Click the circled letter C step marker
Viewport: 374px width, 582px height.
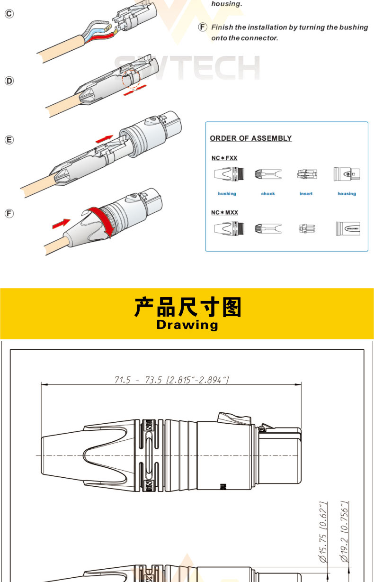(x=9, y=14)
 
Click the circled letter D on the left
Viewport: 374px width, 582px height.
(x=9, y=81)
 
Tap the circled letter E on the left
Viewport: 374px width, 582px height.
(x=9, y=140)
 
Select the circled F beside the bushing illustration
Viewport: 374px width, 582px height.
(x=9, y=214)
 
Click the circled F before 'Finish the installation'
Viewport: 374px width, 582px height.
(x=203, y=27)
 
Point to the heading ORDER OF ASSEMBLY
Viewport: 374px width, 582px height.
(x=251, y=138)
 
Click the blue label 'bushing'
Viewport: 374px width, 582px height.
(x=227, y=193)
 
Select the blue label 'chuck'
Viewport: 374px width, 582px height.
(x=268, y=193)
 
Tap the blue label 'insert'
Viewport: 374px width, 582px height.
(x=306, y=193)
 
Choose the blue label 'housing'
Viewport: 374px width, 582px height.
(x=347, y=193)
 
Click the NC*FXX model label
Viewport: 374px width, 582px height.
(x=224, y=158)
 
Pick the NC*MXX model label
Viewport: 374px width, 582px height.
(x=224, y=212)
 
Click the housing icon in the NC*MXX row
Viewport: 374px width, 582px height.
(x=348, y=228)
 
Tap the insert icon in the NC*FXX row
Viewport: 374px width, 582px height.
(x=307, y=174)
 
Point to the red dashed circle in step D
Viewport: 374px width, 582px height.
(x=131, y=79)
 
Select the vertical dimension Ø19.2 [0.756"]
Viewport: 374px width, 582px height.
(x=344, y=532)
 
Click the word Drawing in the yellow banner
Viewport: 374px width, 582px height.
(x=187, y=325)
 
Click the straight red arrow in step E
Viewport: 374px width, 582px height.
(x=104, y=139)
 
